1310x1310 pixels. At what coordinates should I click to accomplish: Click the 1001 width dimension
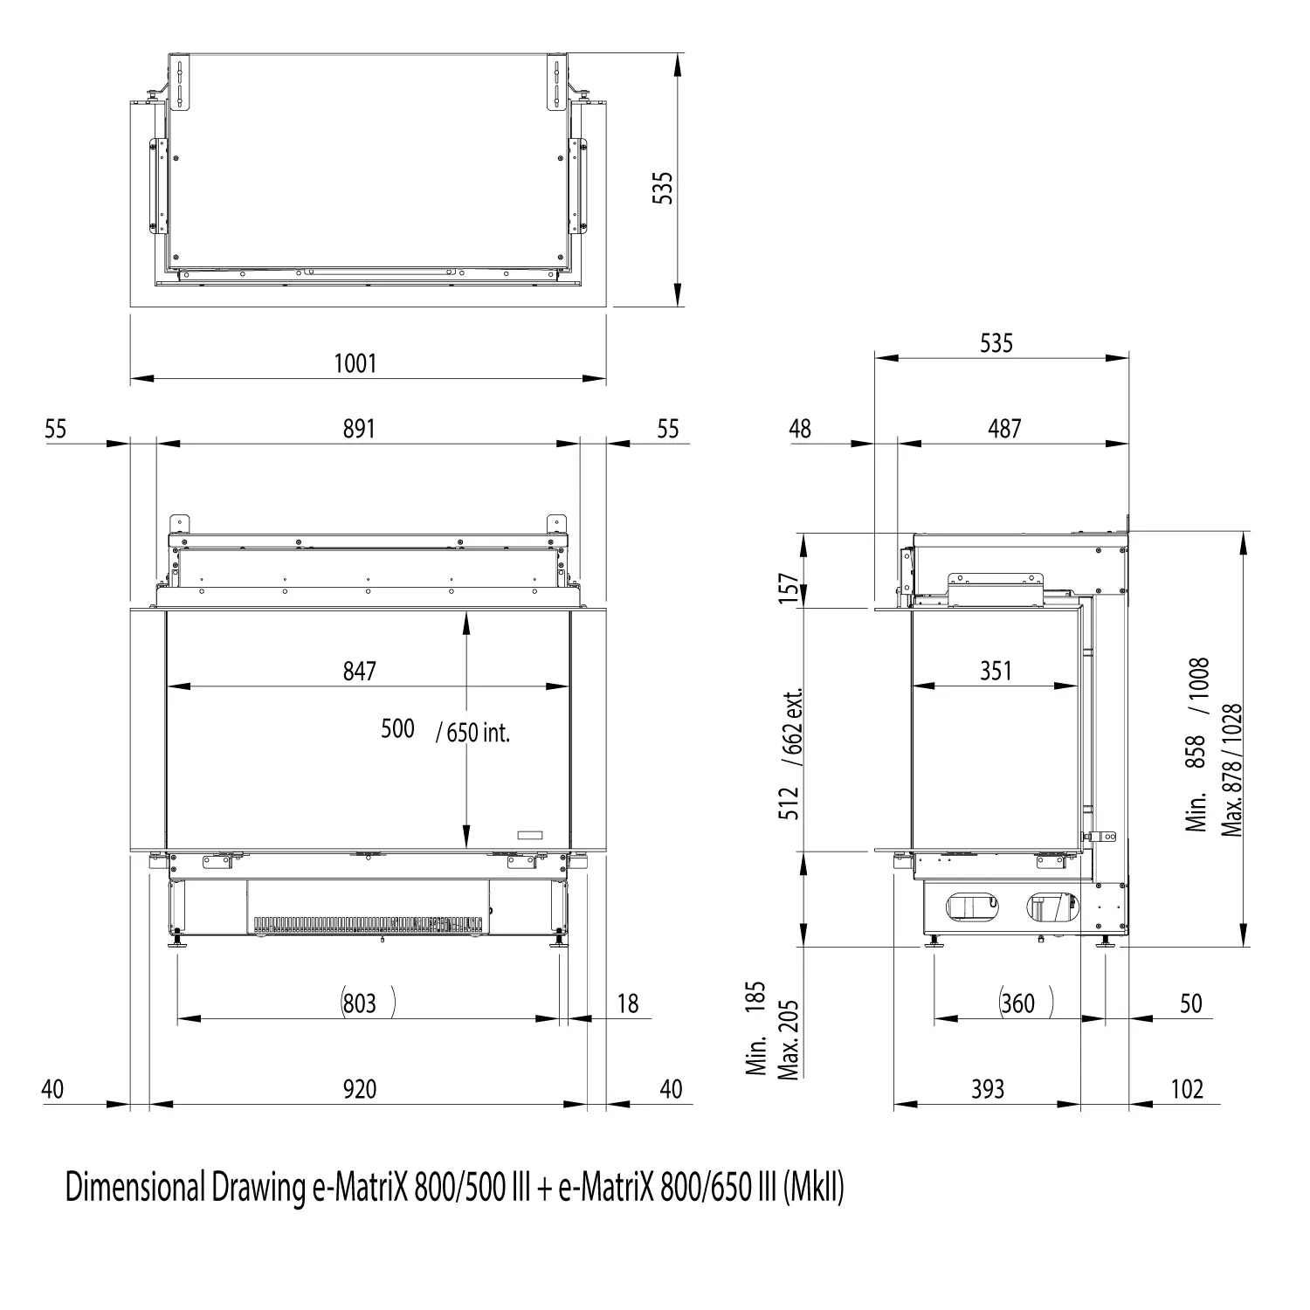pyautogui.click(x=355, y=362)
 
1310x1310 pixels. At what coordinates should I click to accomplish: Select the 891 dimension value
pyautogui.click(x=359, y=429)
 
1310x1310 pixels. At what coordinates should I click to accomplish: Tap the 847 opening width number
pyautogui.click(x=359, y=671)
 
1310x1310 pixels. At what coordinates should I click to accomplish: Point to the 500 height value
pyautogui.click(x=397, y=728)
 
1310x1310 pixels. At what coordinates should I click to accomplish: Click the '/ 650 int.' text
pyautogui.click(x=472, y=732)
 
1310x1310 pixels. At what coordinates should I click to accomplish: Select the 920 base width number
pyautogui.click(x=359, y=1089)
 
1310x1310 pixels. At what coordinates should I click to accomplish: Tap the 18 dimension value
pyautogui.click(x=628, y=1003)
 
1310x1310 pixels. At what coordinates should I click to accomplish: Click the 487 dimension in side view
pyautogui.click(x=1004, y=429)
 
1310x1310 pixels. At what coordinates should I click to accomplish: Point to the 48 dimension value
pyautogui.click(x=800, y=429)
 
